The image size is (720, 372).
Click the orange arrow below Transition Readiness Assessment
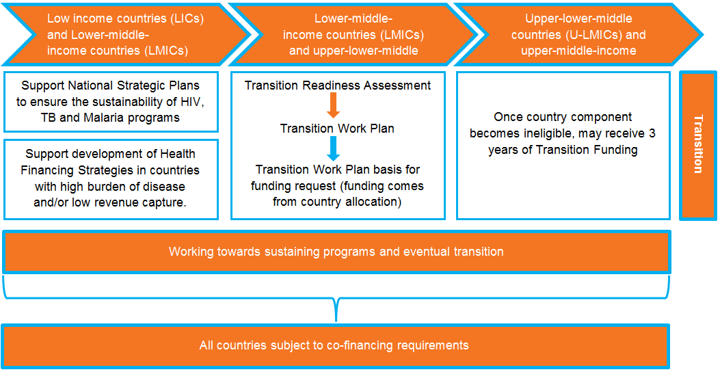coord(334,105)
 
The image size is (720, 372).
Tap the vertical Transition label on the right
coord(697,144)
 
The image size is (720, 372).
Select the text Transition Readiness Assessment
coord(338,85)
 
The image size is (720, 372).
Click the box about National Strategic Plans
coord(111,101)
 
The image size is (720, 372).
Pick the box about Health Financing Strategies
coord(111,179)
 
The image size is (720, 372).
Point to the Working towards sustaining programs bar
coord(336,252)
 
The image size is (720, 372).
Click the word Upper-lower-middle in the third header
coord(578,19)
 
